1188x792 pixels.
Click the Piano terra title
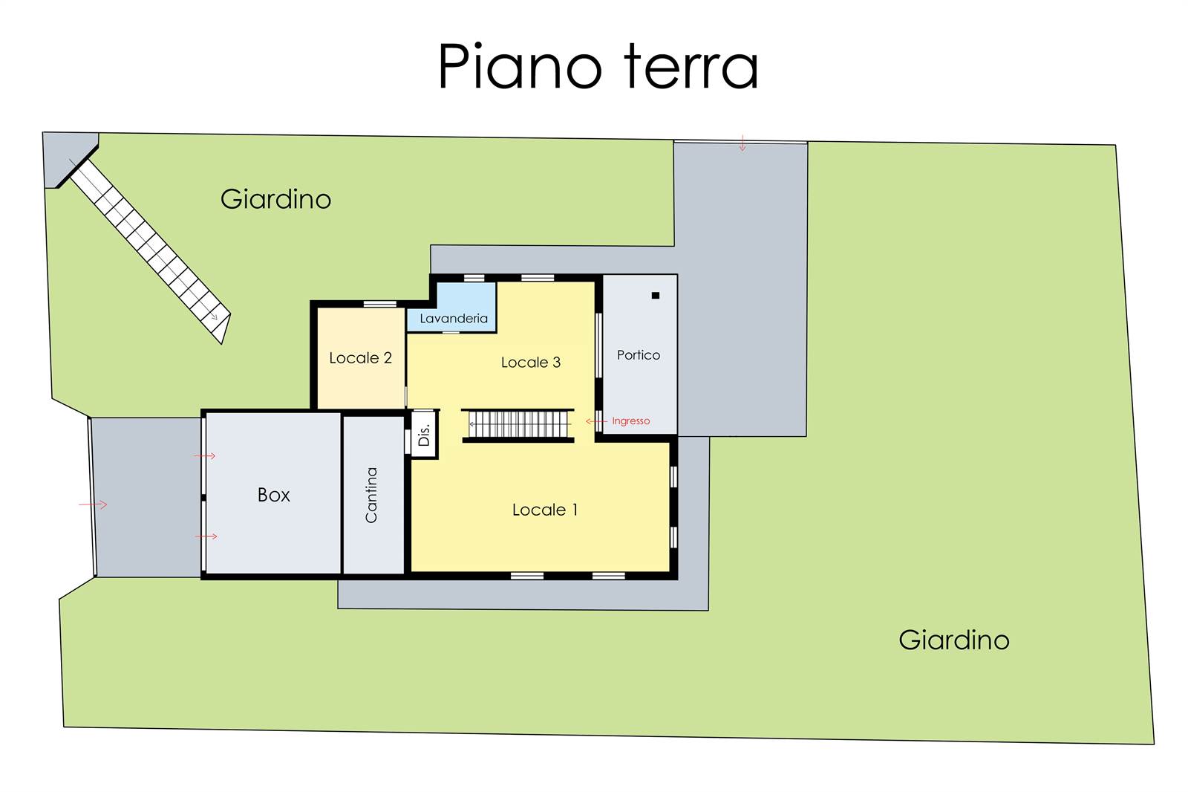(x=598, y=66)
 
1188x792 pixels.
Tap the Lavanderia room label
(x=454, y=319)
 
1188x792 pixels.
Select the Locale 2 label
(x=361, y=358)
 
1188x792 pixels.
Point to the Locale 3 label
(x=531, y=362)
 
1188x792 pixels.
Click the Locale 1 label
(x=545, y=510)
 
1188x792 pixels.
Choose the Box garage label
(x=274, y=495)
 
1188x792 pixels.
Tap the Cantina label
(x=371, y=495)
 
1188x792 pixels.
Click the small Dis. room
(x=424, y=434)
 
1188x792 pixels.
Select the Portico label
(x=639, y=354)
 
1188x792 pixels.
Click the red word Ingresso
(x=630, y=421)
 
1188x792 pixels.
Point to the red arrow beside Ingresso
(x=596, y=421)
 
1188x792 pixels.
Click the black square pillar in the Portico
(x=656, y=296)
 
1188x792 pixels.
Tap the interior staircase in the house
(x=518, y=425)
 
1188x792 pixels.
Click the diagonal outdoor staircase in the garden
(x=150, y=250)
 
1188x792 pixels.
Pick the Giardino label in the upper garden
(x=275, y=199)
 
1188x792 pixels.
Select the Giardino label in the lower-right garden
(x=953, y=640)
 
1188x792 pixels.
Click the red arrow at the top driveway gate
(x=742, y=143)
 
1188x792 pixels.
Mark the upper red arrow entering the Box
(x=205, y=456)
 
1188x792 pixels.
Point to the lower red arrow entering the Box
(x=206, y=536)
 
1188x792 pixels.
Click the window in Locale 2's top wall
(x=379, y=304)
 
